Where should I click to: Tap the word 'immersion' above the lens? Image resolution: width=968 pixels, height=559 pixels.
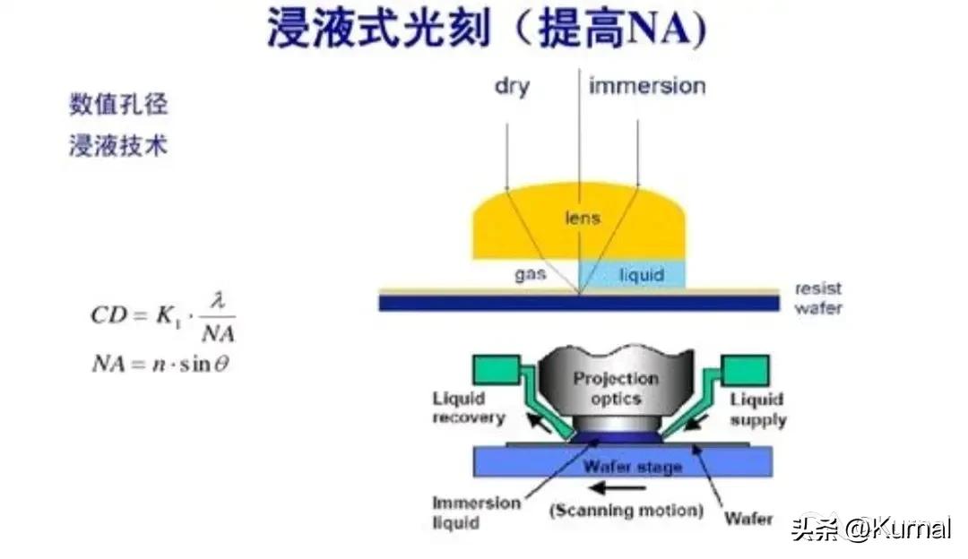click(647, 86)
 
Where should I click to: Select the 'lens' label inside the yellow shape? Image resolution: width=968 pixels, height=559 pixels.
click(583, 218)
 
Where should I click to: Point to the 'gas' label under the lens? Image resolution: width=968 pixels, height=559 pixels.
click(531, 273)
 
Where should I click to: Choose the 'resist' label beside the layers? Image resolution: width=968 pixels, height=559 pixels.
click(817, 289)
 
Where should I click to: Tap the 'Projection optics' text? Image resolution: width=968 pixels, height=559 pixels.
click(615, 387)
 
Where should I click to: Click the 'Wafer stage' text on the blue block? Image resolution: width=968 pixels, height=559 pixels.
click(633, 467)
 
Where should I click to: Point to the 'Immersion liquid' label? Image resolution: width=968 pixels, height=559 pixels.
click(475, 512)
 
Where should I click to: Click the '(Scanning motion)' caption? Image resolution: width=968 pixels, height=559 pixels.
click(626, 512)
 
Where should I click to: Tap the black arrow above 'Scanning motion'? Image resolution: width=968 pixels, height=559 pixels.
click(619, 489)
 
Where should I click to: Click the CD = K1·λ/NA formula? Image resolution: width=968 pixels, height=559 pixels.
click(162, 317)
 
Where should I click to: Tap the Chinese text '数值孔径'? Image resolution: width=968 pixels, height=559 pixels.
click(118, 104)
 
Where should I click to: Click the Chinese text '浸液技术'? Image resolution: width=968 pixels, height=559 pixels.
click(118, 145)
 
